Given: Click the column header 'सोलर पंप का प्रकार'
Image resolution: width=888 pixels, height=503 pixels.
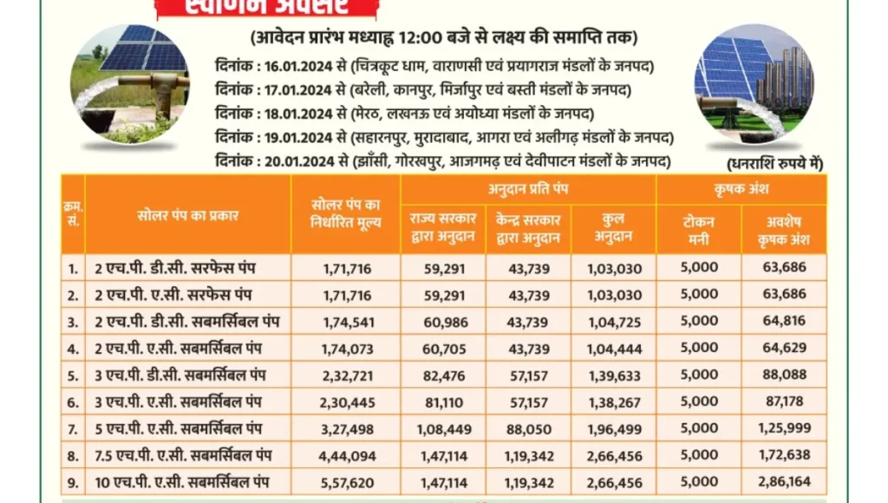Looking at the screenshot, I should point(187,214).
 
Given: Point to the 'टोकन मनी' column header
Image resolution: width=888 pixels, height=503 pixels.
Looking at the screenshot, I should point(699,229).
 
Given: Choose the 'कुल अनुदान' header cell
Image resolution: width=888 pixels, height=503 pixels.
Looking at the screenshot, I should point(612,229).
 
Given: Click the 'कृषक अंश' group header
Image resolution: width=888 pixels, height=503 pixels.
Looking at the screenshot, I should point(741,188).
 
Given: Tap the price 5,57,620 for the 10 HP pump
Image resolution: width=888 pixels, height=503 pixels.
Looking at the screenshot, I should point(346,482).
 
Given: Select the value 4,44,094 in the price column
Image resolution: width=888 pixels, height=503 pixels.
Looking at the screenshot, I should point(346,455).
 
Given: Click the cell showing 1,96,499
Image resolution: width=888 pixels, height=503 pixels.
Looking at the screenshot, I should point(612,428).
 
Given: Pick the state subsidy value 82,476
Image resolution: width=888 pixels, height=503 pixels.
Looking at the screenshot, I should point(442,375).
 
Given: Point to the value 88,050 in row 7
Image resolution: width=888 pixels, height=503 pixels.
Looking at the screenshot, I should point(527,428).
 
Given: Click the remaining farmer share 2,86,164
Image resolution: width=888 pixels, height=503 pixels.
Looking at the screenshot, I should point(783,482).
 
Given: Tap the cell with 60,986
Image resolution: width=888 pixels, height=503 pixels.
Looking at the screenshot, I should point(442,321).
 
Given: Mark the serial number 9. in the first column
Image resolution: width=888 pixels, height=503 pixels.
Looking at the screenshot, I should point(73,482).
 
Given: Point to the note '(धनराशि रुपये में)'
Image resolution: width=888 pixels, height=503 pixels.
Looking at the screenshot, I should point(775,163).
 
